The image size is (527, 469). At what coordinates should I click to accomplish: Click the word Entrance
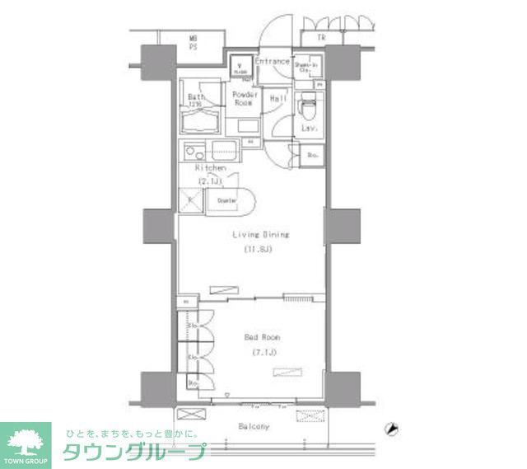click(272, 62)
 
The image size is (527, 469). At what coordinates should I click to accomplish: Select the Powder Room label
click(245, 99)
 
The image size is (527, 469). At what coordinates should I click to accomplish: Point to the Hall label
click(278, 99)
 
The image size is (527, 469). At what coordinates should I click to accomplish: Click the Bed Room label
click(262, 338)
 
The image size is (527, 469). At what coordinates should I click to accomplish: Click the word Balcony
click(254, 426)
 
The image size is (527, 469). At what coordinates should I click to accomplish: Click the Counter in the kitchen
click(226, 200)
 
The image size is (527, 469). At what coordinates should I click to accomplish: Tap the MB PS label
click(194, 43)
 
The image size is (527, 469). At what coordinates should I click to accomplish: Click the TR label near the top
click(318, 37)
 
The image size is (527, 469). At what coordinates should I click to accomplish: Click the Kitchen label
click(210, 167)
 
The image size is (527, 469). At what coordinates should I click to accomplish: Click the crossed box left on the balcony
click(189, 415)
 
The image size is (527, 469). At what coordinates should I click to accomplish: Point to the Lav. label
click(310, 128)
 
